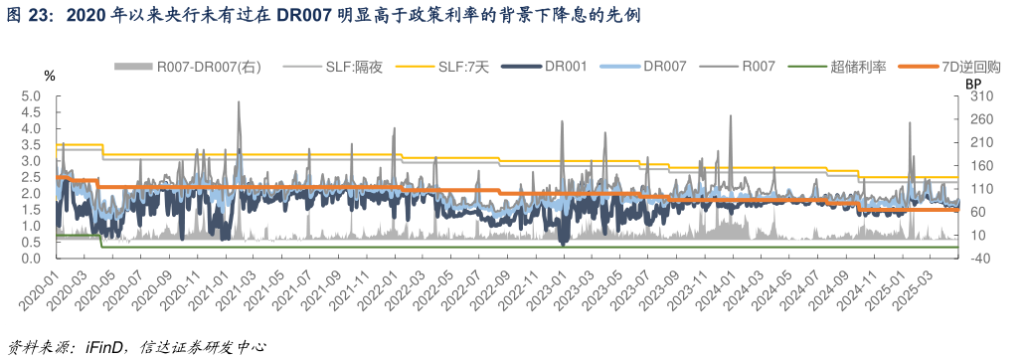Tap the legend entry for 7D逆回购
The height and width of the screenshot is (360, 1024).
tap(970, 67)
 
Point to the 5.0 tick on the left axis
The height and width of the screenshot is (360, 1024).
tap(31, 96)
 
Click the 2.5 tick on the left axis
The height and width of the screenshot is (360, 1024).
tap(31, 177)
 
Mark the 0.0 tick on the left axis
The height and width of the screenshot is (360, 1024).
tap(31, 258)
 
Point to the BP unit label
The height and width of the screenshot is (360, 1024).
tap(973, 84)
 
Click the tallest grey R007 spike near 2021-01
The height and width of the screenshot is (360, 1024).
tap(239, 103)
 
